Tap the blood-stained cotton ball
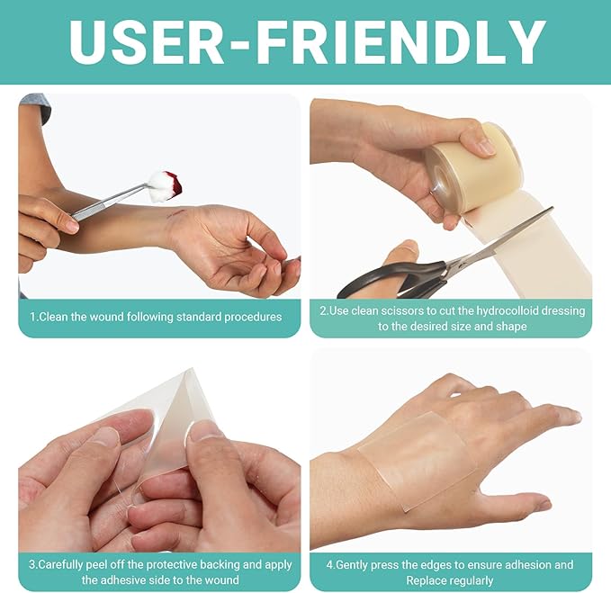[166, 185]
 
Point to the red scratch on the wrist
[175, 212]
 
